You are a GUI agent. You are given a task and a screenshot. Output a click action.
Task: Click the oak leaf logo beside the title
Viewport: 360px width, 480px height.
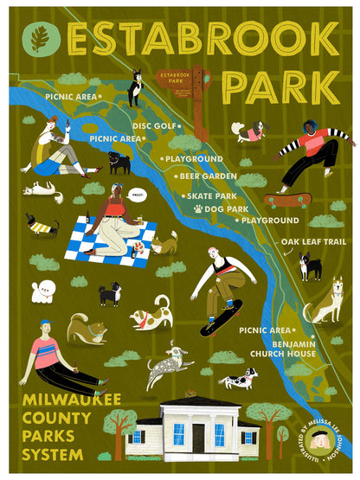click(38, 39)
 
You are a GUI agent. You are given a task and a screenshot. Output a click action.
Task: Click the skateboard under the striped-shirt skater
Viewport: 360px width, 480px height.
click(288, 200)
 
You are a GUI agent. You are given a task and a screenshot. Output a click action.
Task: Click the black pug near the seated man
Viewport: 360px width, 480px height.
click(119, 161)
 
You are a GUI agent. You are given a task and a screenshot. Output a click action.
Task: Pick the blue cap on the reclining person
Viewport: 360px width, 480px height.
click(46, 323)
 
